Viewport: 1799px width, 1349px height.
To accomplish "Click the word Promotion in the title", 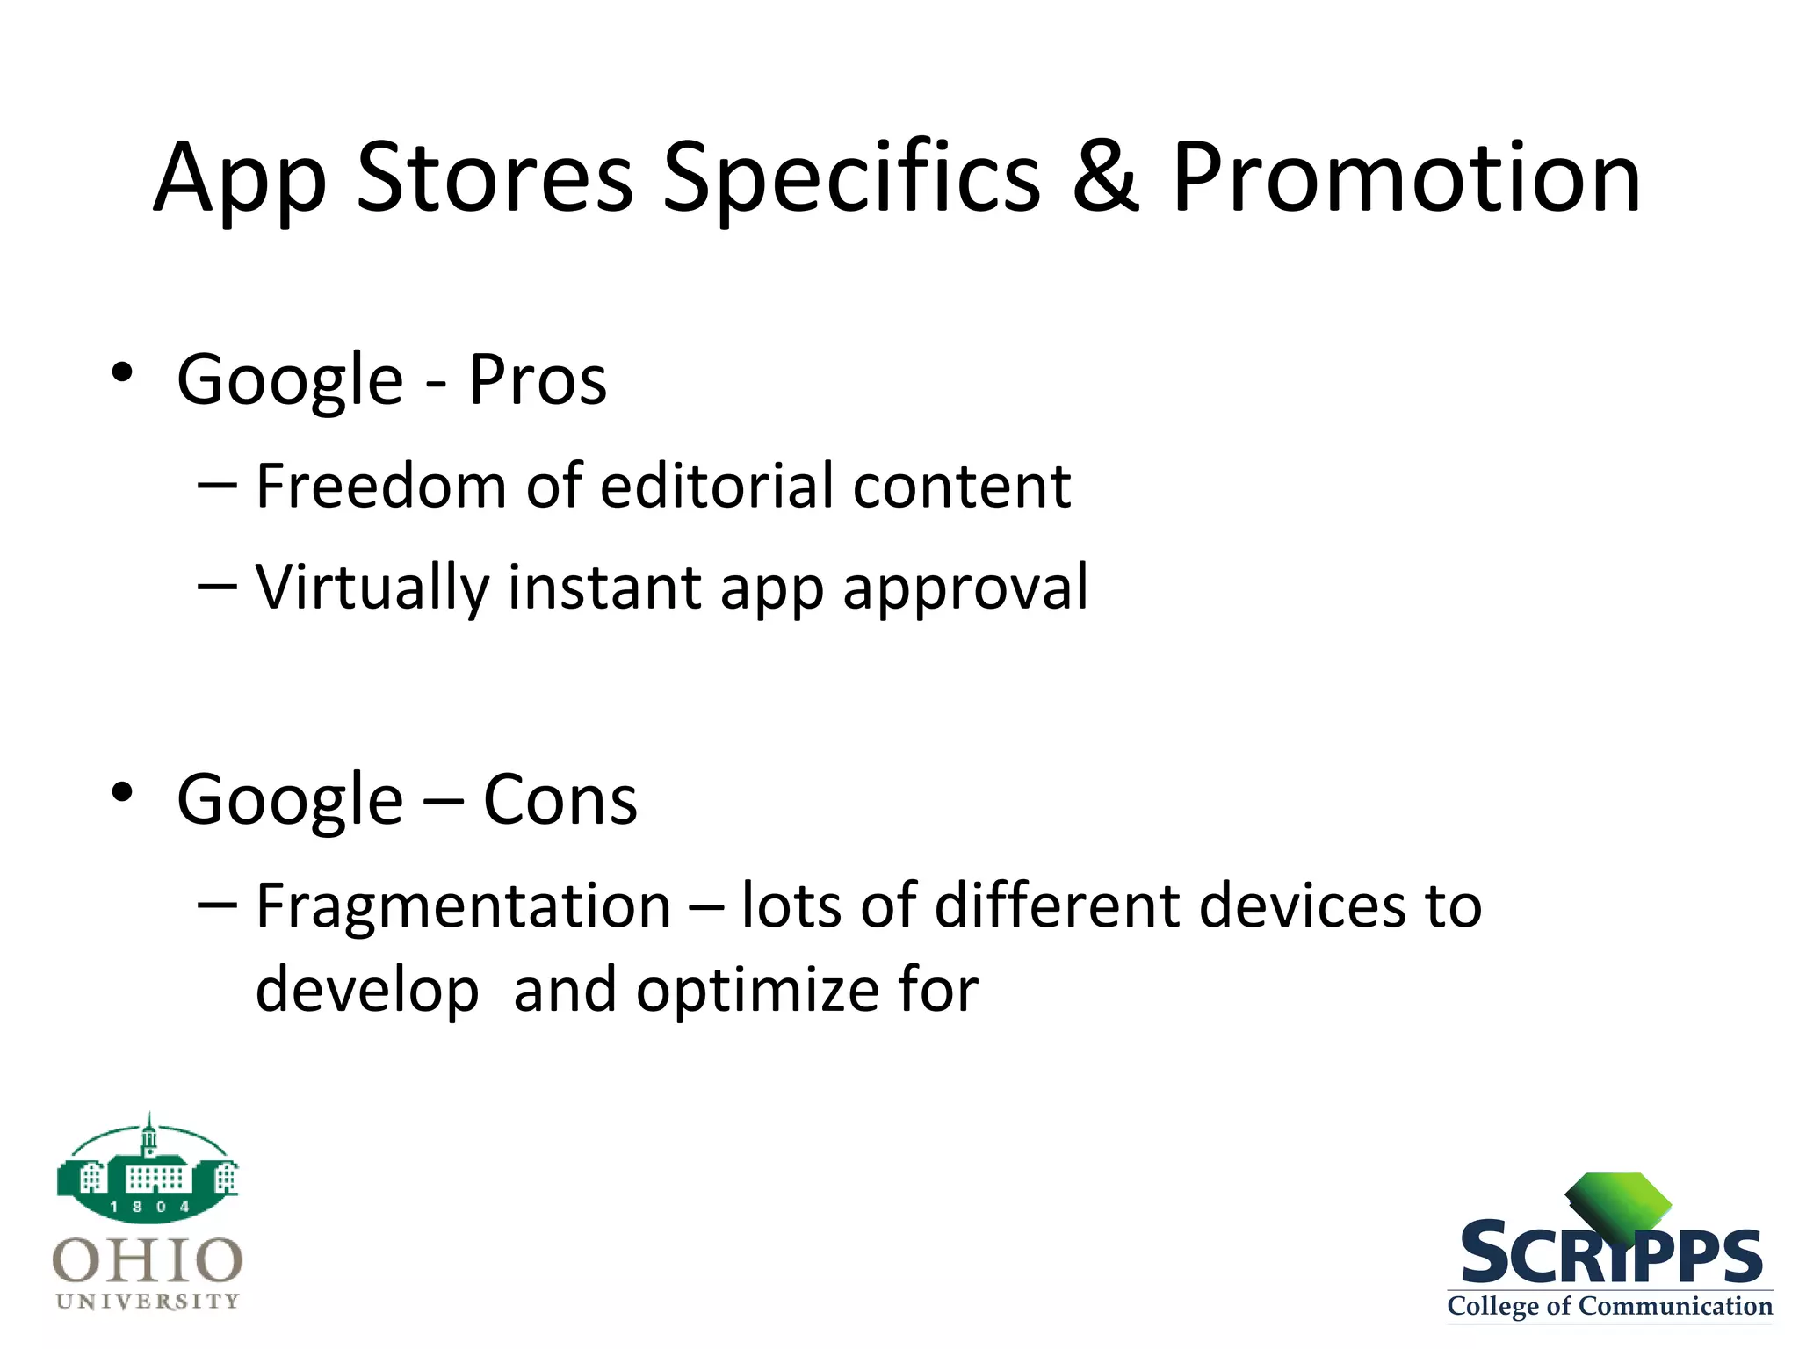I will pyautogui.click(x=1405, y=178).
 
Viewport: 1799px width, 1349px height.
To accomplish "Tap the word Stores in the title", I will pyautogui.click(x=495, y=178).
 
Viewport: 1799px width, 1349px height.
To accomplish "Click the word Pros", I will pyautogui.click(x=538, y=380).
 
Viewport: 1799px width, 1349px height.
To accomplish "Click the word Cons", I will pyautogui.click(x=560, y=800).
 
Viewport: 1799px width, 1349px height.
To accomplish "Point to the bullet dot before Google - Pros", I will pyautogui.click(x=122, y=373).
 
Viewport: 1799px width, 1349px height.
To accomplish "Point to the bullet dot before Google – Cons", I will pyautogui.click(x=122, y=792).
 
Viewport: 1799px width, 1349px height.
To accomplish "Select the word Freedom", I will pyautogui.click(x=380, y=485).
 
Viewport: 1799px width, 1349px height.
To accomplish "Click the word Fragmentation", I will pyautogui.click(x=463, y=905).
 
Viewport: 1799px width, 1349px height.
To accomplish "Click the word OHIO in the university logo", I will pyautogui.click(x=148, y=1260).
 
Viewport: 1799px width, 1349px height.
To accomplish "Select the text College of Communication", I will pyautogui.click(x=1609, y=1306).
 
